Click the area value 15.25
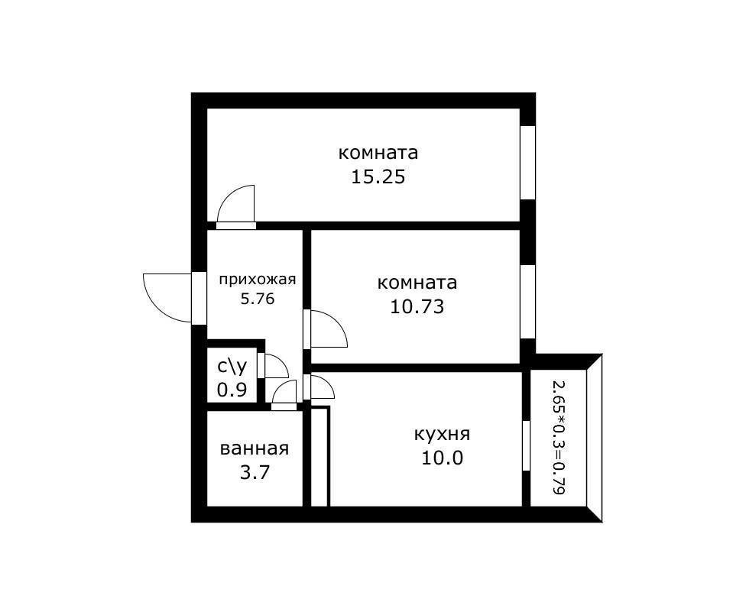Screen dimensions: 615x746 click(x=378, y=177)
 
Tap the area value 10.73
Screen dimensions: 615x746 click(x=417, y=307)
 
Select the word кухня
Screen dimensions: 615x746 click(x=442, y=435)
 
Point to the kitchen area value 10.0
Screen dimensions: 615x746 click(x=442, y=458)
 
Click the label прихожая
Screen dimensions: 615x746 click(x=257, y=279)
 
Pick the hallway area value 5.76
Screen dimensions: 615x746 click(x=257, y=299)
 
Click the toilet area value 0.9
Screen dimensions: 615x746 click(x=232, y=390)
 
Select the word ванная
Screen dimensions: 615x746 click(x=255, y=448)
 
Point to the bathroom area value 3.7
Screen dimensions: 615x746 click(x=255, y=472)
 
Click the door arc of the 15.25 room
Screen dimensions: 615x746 click(x=237, y=205)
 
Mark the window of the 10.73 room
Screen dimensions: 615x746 click(x=527, y=300)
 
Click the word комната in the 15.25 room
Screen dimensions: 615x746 click(x=378, y=153)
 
